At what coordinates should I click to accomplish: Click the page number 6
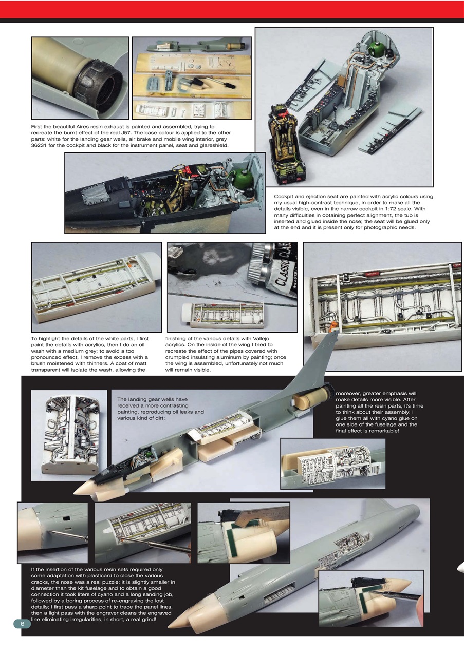click(x=22, y=623)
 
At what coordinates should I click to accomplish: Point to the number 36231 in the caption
click(x=42, y=145)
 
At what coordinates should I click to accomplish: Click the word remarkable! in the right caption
click(x=382, y=431)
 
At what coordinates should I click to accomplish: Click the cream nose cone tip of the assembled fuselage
click(x=80, y=490)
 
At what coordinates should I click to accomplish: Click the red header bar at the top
click(x=232, y=9)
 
